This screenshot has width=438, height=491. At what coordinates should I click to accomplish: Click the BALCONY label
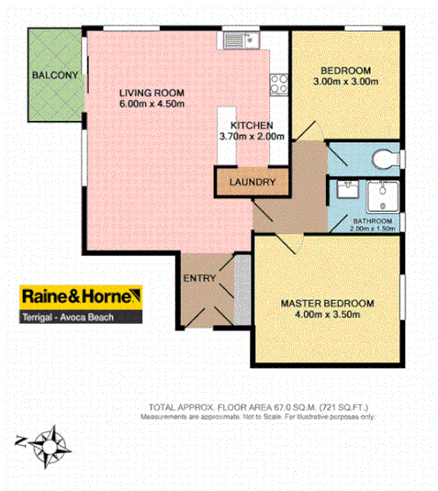(x=53, y=74)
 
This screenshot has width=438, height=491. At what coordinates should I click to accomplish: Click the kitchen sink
(x=235, y=39)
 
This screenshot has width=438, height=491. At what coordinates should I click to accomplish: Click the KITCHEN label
(x=251, y=125)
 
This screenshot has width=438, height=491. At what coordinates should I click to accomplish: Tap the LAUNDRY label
(x=253, y=183)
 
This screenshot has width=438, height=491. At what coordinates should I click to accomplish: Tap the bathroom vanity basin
(x=348, y=189)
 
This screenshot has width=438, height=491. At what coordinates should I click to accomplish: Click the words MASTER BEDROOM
(x=326, y=304)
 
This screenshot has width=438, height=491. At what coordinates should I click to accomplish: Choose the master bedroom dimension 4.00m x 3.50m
(x=328, y=316)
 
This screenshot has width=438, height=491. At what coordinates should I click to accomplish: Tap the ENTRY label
(x=199, y=279)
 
